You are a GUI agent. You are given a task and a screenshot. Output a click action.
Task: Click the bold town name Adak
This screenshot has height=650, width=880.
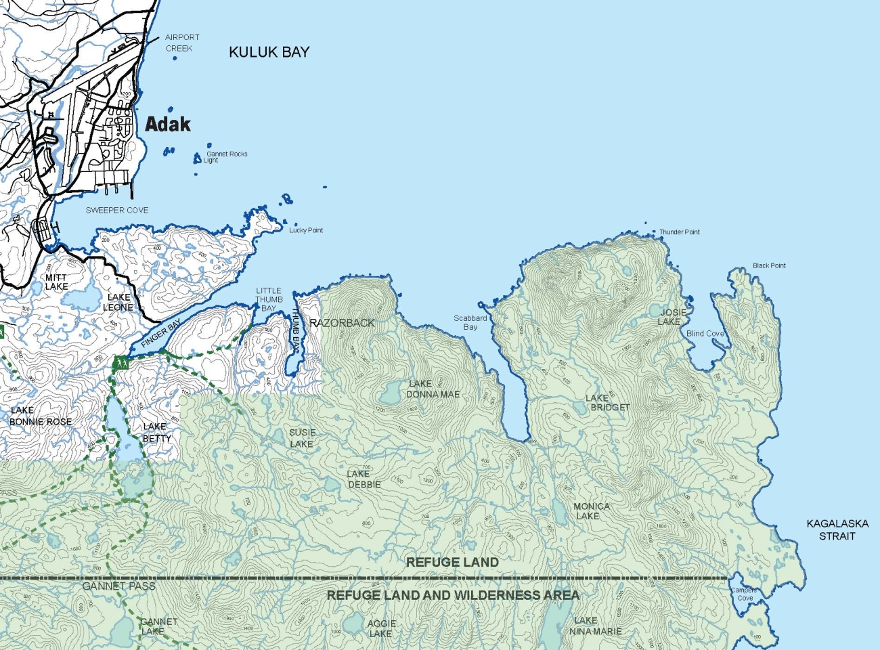[x=168, y=125]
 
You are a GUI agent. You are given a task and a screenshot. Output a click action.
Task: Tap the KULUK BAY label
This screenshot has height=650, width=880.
[x=269, y=52]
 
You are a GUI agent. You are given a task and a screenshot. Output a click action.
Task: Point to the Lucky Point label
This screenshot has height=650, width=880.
[x=306, y=230]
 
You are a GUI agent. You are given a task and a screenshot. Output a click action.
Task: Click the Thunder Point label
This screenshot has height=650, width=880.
[x=679, y=232]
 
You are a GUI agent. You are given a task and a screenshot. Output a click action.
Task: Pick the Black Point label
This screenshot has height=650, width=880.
[x=769, y=265]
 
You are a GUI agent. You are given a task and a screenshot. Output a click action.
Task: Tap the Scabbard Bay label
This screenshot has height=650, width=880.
[x=470, y=322]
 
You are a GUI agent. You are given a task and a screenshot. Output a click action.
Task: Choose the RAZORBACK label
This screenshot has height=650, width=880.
[x=342, y=323]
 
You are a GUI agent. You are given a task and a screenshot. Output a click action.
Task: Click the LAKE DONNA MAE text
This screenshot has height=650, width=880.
[x=433, y=389]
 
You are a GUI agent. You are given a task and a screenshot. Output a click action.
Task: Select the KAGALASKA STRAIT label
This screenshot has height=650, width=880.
[x=837, y=529]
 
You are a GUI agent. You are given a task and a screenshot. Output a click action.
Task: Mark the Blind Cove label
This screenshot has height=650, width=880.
[x=705, y=334]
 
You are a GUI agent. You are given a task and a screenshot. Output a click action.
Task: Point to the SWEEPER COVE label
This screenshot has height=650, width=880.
[x=117, y=211]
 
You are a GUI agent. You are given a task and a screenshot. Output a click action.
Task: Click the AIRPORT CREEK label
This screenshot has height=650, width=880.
[x=181, y=43]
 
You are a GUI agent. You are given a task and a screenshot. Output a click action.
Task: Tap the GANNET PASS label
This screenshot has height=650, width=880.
[x=119, y=586]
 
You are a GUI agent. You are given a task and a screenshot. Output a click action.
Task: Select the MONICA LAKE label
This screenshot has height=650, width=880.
[x=591, y=511]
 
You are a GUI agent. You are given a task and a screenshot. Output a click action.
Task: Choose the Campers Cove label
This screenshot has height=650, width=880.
[x=744, y=594]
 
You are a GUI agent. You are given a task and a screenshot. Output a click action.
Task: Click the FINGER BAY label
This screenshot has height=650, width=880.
[x=161, y=334]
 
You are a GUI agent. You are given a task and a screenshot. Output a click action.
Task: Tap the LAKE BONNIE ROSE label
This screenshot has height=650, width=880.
[x=40, y=416]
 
